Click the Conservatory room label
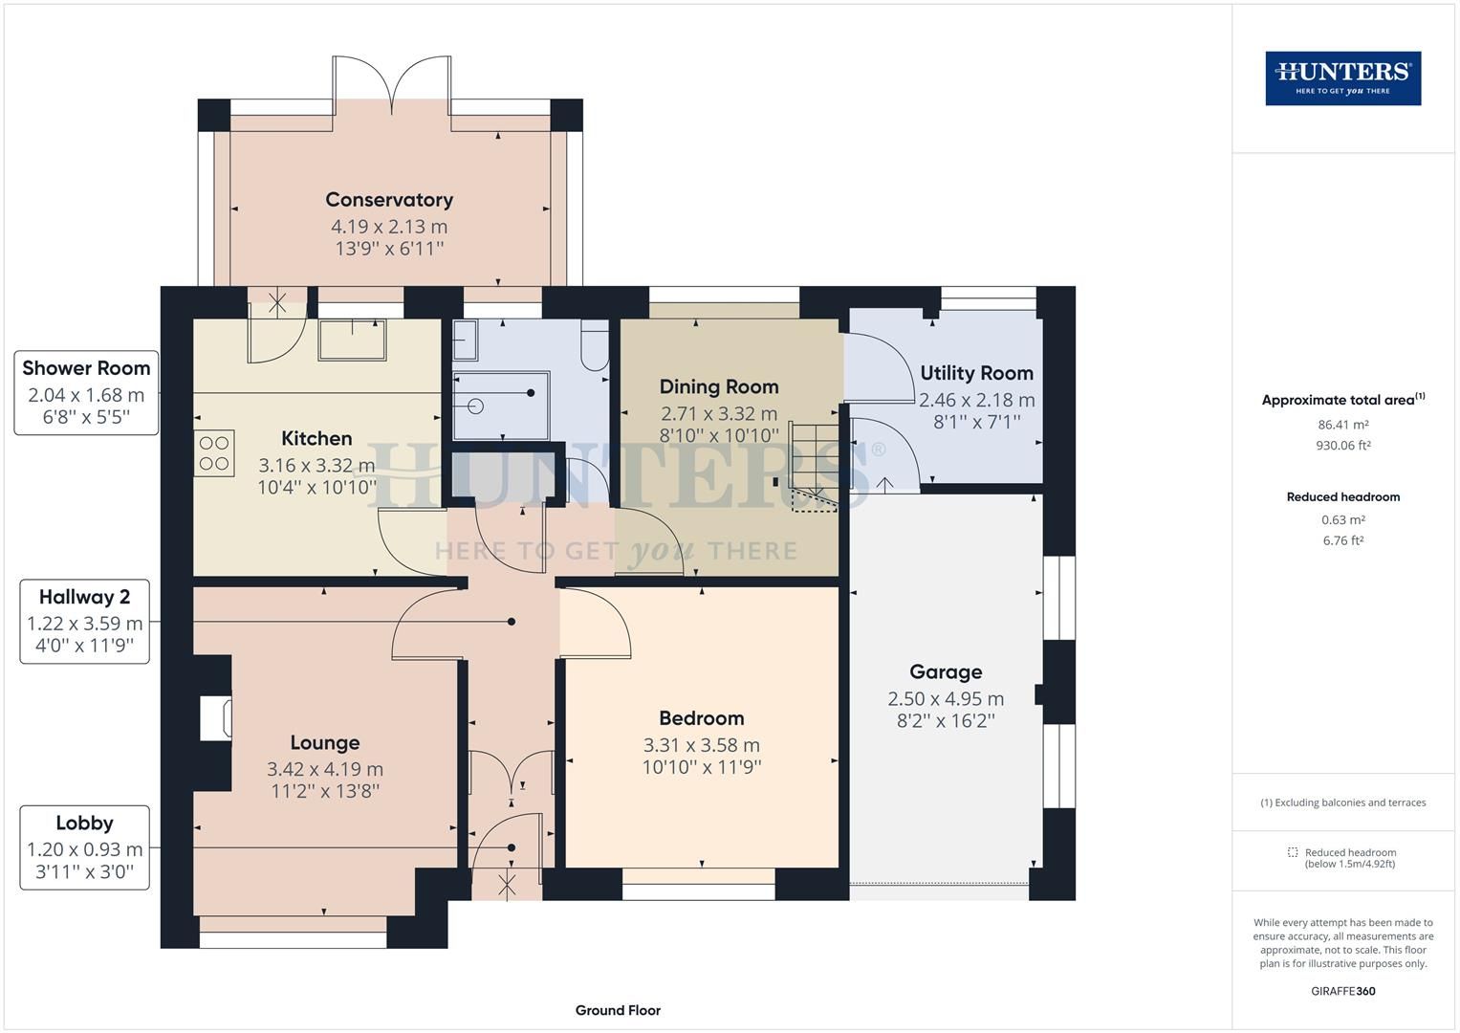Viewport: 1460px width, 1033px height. pos(389,200)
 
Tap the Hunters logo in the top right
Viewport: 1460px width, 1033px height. pos(1342,78)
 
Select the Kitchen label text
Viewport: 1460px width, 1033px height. pos(316,438)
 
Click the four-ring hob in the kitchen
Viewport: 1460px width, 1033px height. pos(214,453)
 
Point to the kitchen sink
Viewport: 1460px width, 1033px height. pos(352,340)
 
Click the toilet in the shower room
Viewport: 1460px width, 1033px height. pos(595,345)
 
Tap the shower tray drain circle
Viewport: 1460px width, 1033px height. pos(476,407)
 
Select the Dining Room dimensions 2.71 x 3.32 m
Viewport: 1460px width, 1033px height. pos(719,413)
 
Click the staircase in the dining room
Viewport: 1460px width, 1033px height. pos(813,467)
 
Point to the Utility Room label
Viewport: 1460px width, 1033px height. pos(976,373)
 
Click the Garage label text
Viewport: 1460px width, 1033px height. pos(946,671)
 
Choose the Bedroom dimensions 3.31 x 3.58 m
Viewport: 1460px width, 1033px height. pos(702,745)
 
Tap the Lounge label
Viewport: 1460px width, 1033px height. pos(324,742)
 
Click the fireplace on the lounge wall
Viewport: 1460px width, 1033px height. pos(215,718)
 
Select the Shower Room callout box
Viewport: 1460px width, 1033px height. pos(86,392)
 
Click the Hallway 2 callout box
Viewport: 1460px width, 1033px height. pos(85,622)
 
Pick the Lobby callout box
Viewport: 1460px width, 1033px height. pos(85,847)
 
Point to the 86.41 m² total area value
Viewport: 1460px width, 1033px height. pos(1342,425)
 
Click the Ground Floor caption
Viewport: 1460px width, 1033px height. pos(618,1010)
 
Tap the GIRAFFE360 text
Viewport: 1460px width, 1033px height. pos(1342,991)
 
